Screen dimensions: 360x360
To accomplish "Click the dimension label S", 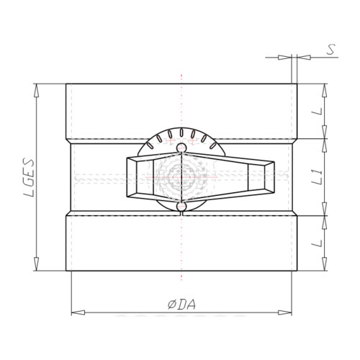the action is click(331, 50).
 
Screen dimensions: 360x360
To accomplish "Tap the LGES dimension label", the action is click(30, 178).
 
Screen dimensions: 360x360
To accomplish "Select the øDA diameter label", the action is click(181, 305).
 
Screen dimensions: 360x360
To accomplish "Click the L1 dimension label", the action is click(317, 177).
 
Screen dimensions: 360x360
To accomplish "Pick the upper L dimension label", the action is click(317, 111).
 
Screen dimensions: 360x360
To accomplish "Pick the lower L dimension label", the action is click(317, 243).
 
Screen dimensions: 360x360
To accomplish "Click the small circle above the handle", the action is click(181, 148).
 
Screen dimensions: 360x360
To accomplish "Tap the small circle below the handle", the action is click(181, 207).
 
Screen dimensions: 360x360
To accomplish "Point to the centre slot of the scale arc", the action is click(181, 132).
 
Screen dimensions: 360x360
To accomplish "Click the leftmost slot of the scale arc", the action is click(150, 145).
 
